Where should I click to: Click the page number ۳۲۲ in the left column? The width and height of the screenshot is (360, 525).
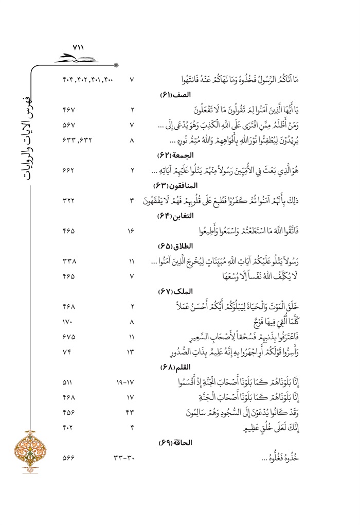[69, 200]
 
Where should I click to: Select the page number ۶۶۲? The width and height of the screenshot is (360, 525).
[69, 170]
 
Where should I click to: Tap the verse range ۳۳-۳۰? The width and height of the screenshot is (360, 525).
[123, 457]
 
